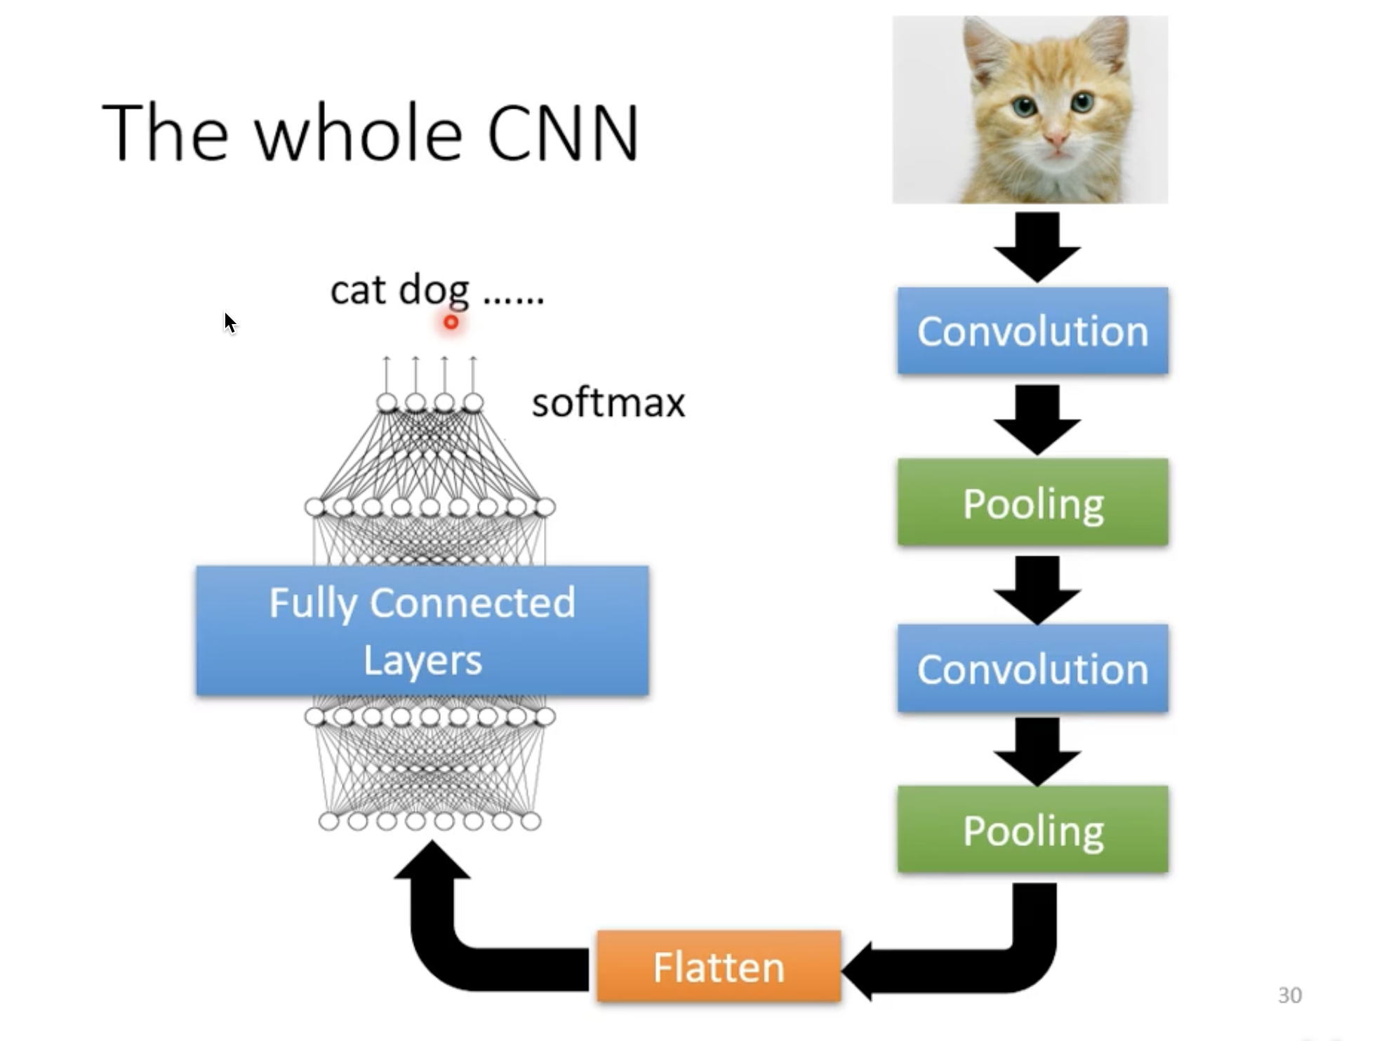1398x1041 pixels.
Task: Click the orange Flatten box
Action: pos(719,967)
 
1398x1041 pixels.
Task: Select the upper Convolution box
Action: pos(1032,330)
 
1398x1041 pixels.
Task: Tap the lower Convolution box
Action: pos(1032,669)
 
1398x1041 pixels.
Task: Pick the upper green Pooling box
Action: pos(1032,502)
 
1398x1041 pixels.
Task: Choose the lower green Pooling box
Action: pos(1032,829)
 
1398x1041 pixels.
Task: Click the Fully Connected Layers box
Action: pos(422,631)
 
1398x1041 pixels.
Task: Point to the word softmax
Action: pos(608,403)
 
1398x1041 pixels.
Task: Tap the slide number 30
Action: pos(1290,995)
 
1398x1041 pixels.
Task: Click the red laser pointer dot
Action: pos(451,322)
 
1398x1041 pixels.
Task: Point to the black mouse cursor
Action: pos(229,323)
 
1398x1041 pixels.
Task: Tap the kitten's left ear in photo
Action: pos(983,49)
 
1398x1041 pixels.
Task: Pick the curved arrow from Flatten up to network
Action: pos(449,933)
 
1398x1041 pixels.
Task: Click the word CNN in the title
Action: pos(562,133)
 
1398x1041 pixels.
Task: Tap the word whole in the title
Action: pos(358,133)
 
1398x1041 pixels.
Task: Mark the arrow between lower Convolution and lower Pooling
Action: pos(1037,749)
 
